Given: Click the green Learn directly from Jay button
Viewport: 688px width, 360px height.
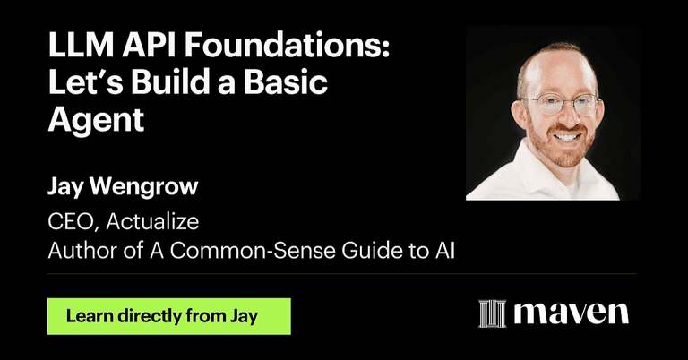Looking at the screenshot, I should click(x=169, y=316).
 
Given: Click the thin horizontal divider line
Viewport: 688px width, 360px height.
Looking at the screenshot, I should click(x=340, y=273).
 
